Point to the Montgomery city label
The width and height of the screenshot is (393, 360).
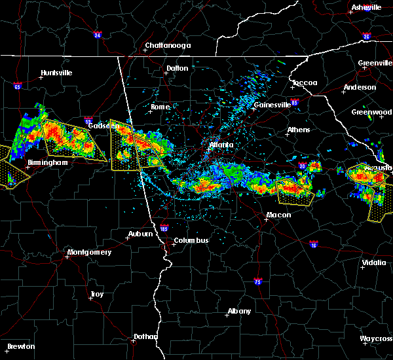[89, 252]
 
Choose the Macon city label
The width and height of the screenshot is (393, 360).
[278, 215]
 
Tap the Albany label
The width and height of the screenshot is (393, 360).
[238, 311]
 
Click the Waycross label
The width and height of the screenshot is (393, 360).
[376, 338]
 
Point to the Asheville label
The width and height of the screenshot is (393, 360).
[366, 7]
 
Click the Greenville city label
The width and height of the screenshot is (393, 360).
[375, 63]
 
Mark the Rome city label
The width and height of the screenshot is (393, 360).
[160, 107]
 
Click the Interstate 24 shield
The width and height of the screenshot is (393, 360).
[96, 35]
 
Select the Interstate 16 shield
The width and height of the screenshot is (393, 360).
[313, 244]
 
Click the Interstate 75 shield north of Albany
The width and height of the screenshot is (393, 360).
[257, 281]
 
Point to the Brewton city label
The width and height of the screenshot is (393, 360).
[21, 346]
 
